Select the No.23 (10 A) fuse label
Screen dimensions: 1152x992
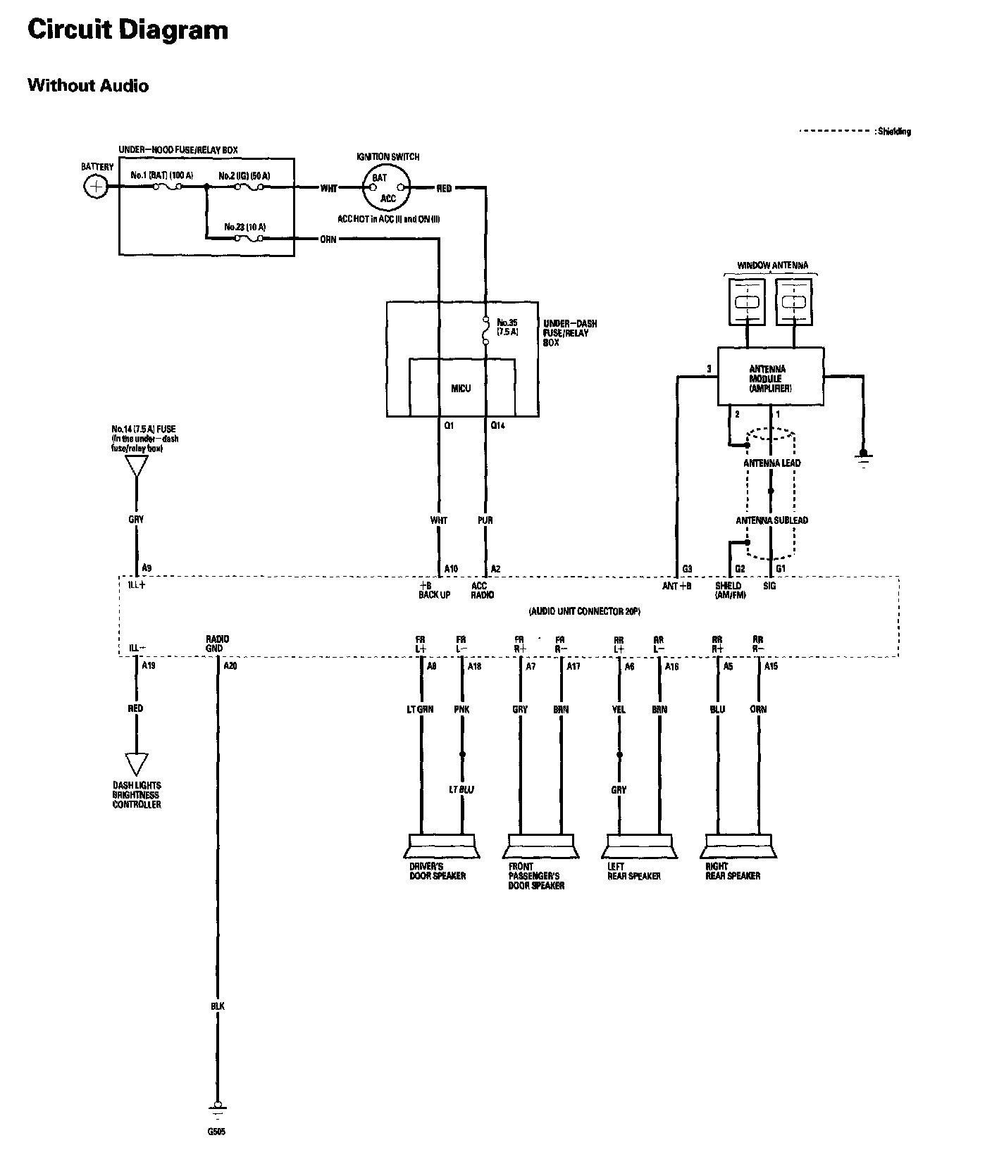pyautogui.click(x=244, y=227)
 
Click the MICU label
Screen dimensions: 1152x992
pyautogui.click(x=461, y=388)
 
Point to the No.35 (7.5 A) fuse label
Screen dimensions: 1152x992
pyautogui.click(x=507, y=327)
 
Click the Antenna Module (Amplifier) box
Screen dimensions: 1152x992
pyautogui.click(x=770, y=376)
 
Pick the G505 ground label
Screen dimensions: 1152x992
pyautogui.click(x=217, y=1132)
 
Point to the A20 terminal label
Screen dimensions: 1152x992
pyautogui.click(x=230, y=665)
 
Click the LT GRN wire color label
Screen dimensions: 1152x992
pyautogui.click(x=420, y=710)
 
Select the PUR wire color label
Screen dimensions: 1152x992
pyautogui.click(x=485, y=520)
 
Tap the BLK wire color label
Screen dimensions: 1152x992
pyautogui.click(x=217, y=1007)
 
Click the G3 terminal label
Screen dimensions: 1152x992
pyautogui.click(x=687, y=569)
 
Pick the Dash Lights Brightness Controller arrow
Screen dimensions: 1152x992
pyautogui.click(x=136, y=764)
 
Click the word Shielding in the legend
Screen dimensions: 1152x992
pyautogui.click(x=894, y=132)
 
